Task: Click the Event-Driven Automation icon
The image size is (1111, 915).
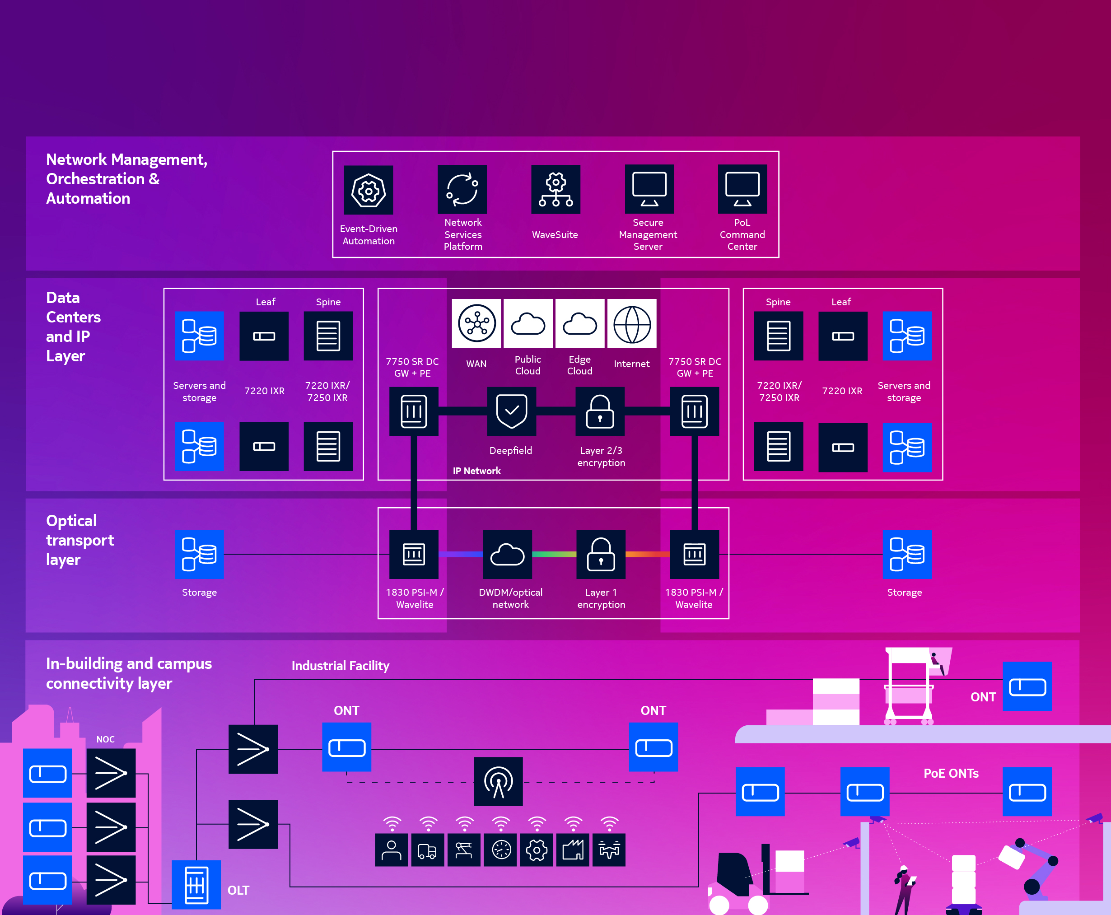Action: click(369, 190)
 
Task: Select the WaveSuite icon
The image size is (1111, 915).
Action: click(555, 190)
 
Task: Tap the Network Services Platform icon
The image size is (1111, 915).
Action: click(462, 190)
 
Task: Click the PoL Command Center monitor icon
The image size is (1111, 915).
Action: click(742, 190)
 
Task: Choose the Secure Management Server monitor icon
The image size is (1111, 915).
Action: click(649, 190)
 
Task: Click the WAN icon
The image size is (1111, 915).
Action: click(476, 324)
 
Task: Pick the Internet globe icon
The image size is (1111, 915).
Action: click(632, 324)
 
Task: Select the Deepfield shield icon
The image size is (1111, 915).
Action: click(512, 411)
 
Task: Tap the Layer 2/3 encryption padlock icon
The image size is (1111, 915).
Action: click(600, 411)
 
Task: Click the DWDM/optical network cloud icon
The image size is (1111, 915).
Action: click(507, 554)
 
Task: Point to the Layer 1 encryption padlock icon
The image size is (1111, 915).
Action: click(601, 554)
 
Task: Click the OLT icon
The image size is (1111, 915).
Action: click(196, 884)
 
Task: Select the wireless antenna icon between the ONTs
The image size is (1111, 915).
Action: click(498, 781)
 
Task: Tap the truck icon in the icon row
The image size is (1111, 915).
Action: click(427, 850)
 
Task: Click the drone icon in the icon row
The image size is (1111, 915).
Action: click(609, 850)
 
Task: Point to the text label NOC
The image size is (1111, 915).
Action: click(105, 739)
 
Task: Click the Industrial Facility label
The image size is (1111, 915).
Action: click(341, 666)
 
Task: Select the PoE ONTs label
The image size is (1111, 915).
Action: click(951, 773)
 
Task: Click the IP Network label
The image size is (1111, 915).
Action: click(476, 471)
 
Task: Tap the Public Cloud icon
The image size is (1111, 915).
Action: click(528, 324)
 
